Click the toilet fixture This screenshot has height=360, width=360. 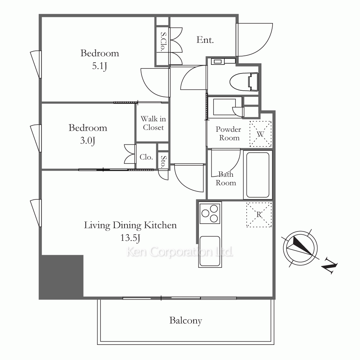(244, 82)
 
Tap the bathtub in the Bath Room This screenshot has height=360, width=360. (258, 175)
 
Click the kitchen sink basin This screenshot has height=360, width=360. (210, 251)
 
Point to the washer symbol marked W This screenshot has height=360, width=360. (260, 134)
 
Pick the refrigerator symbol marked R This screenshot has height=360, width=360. (259, 215)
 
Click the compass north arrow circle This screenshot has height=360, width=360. (300, 248)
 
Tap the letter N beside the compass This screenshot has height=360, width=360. (329, 266)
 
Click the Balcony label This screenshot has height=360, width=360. (185, 321)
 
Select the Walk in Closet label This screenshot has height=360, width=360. (153, 123)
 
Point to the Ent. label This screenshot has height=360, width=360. (205, 40)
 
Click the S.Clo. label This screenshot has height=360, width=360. (163, 41)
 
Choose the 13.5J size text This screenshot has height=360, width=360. (130, 238)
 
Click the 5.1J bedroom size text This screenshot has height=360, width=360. (99, 66)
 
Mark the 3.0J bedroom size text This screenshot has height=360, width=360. (87, 140)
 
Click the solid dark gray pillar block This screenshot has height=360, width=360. (61, 276)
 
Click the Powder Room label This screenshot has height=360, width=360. (228, 134)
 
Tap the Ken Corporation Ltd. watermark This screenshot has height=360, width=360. (180, 252)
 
